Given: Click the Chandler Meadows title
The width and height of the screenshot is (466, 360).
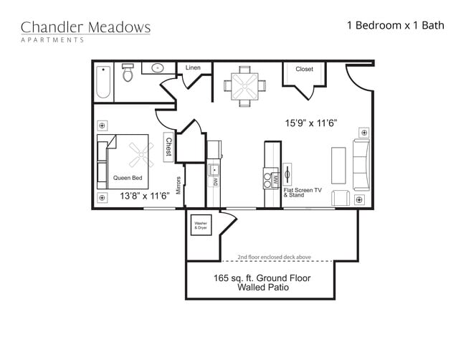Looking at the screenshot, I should point(85,28).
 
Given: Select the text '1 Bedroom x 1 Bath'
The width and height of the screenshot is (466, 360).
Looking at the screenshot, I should point(395,25).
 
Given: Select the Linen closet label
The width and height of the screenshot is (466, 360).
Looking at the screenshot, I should point(193,68).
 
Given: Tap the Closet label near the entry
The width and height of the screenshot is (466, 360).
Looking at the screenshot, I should point(304,70).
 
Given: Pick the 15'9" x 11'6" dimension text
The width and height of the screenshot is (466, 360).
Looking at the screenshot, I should point(312,123).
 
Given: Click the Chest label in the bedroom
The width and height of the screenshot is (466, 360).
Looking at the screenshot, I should point(168,147).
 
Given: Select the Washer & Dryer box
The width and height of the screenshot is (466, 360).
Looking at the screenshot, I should point(200,225).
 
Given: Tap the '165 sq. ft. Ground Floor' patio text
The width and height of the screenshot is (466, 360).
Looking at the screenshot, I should point(261,278).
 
